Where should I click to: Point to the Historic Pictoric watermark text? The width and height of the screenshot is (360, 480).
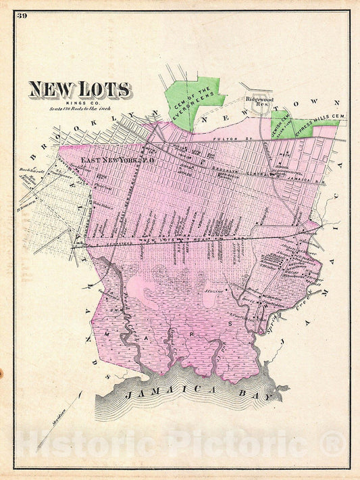click(x=179, y=444)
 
